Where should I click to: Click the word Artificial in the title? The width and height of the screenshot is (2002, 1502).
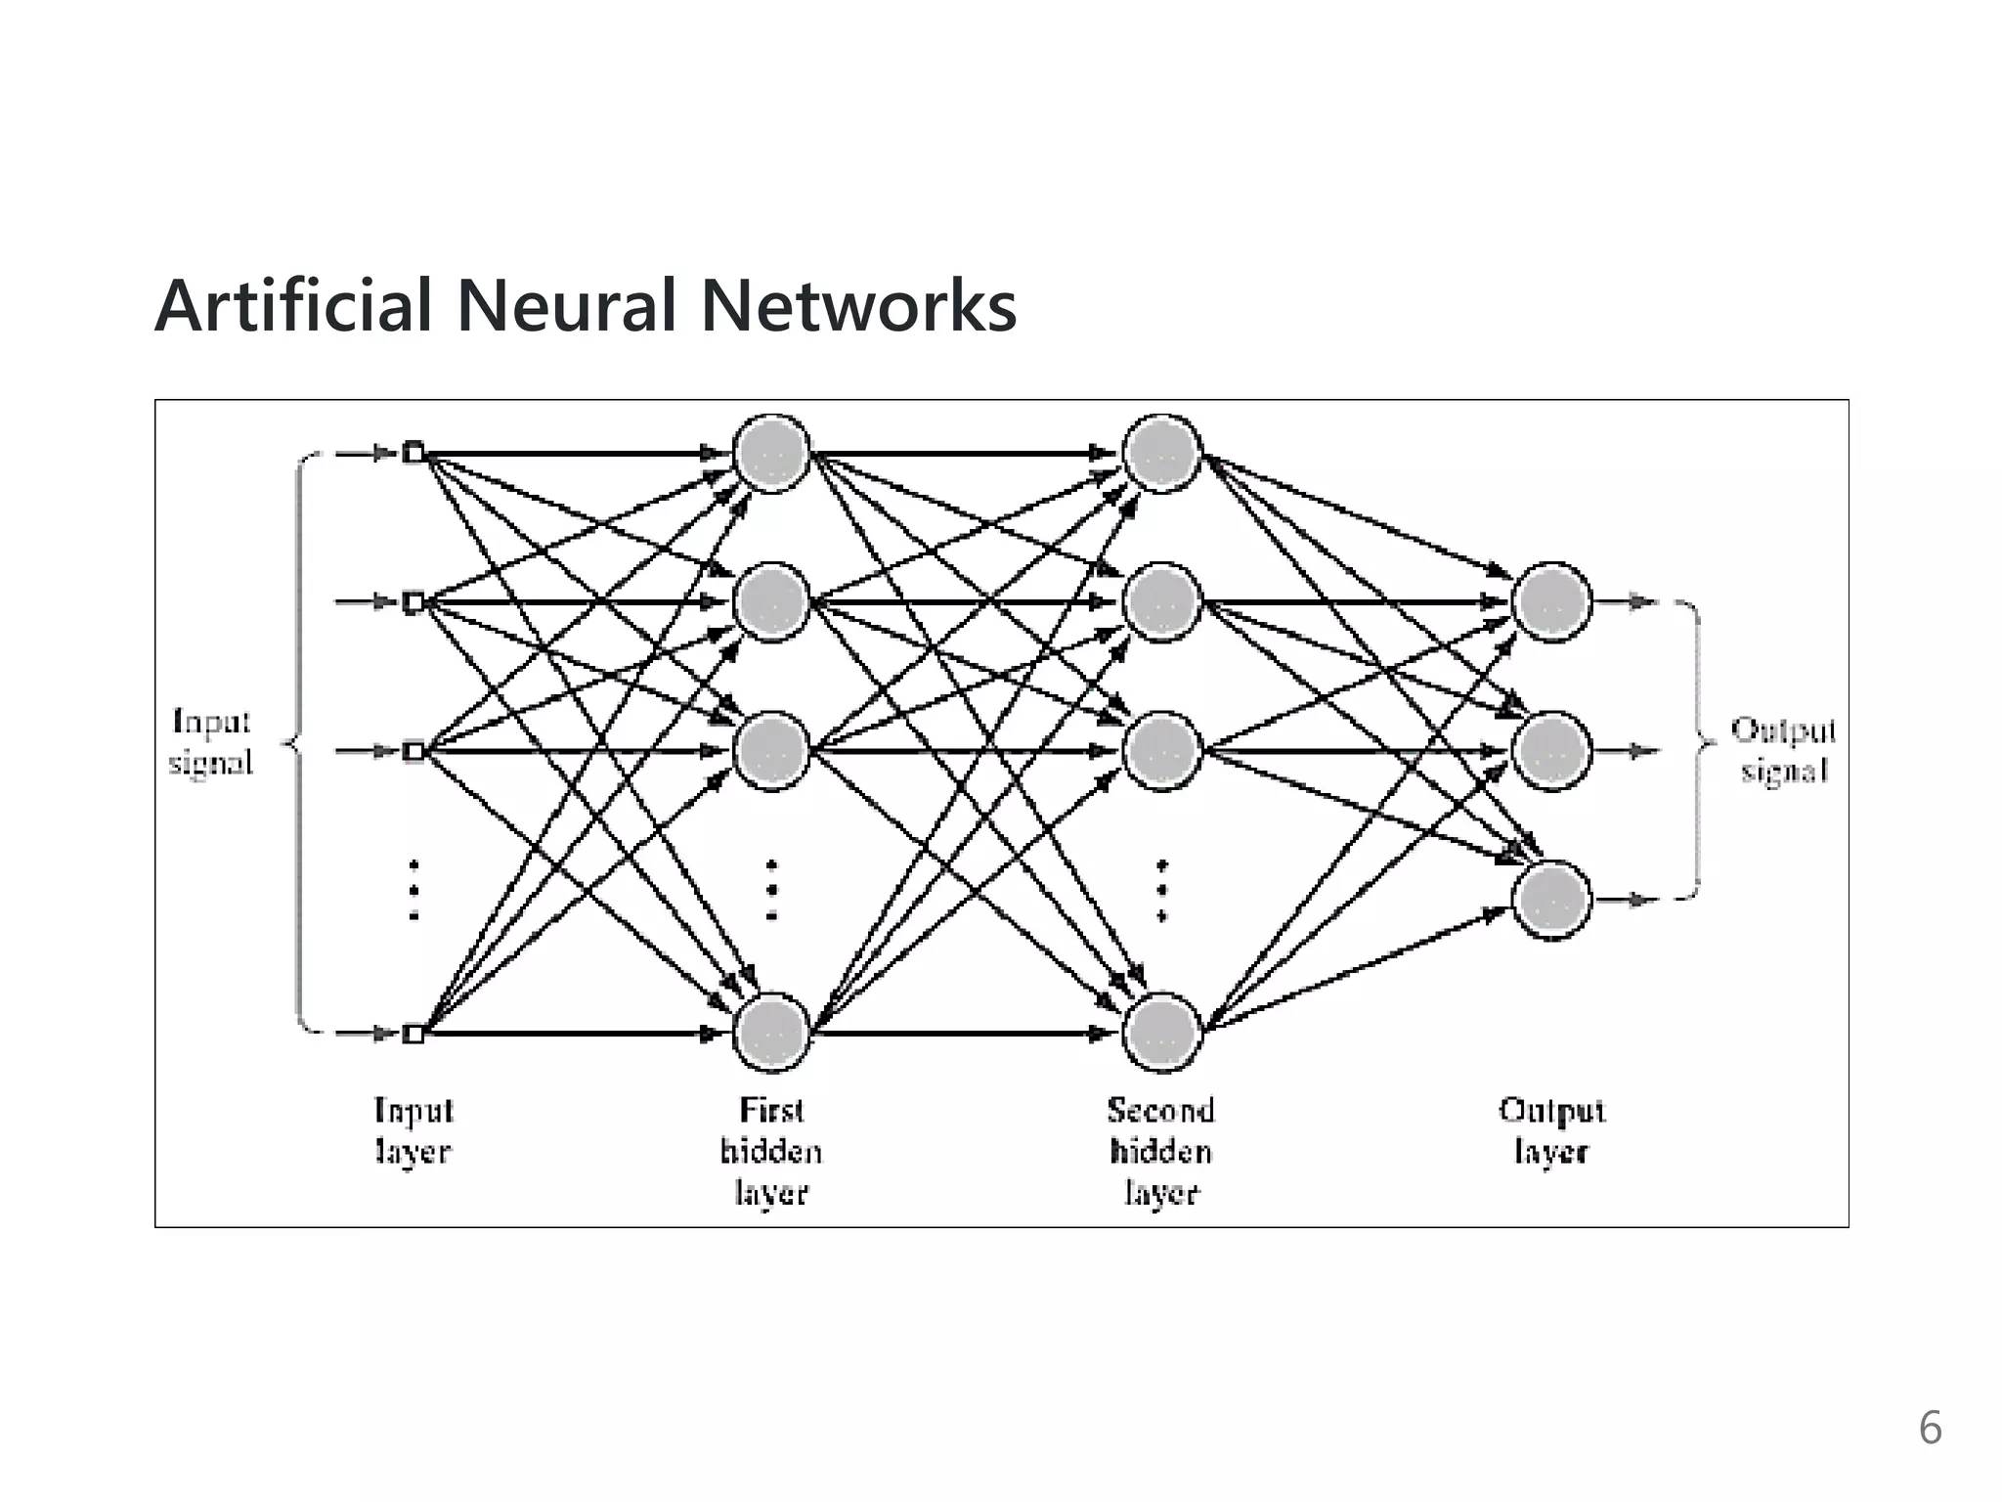point(293,306)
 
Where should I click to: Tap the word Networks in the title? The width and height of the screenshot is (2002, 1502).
point(858,306)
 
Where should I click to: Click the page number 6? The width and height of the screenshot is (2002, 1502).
point(1930,1429)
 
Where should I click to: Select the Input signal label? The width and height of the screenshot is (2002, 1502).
point(211,742)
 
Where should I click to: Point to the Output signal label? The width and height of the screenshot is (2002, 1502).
point(1783,751)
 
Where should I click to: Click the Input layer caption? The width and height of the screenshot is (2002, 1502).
point(413,1130)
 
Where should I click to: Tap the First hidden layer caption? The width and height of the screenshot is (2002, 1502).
point(771,1151)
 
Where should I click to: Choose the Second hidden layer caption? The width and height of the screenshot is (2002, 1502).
point(1161,1151)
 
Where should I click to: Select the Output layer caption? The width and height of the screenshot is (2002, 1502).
point(1551,1130)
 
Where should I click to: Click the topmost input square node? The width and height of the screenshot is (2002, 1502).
point(413,453)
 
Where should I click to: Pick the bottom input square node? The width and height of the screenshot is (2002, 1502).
point(413,1034)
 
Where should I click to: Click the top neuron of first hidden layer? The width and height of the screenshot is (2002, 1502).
point(772,454)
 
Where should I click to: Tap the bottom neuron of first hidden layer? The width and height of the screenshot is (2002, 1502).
point(772,1033)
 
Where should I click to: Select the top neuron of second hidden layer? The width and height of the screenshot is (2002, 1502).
point(1161,454)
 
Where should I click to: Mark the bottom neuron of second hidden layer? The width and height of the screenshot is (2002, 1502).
point(1161,1033)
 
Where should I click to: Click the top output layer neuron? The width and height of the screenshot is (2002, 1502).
point(1551,602)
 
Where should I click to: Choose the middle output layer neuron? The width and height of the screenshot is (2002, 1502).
point(1551,751)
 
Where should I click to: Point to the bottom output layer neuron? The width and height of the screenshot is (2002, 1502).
point(1551,900)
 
